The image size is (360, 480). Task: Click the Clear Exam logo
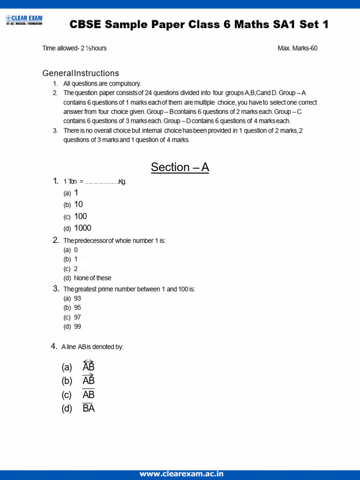(x=24, y=20)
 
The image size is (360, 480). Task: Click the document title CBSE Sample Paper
(x=199, y=25)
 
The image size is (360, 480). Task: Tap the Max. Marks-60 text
(x=297, y=48)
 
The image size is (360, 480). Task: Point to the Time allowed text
(x=74, y=48)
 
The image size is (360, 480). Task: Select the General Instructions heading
(x=81, y=73)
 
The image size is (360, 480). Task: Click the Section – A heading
(x=180, y=167)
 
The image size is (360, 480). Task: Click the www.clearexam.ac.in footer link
(x=181, y=474)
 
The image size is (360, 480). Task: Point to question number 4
(x=53, y=346)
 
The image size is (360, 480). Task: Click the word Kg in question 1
(x=122, y=182)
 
